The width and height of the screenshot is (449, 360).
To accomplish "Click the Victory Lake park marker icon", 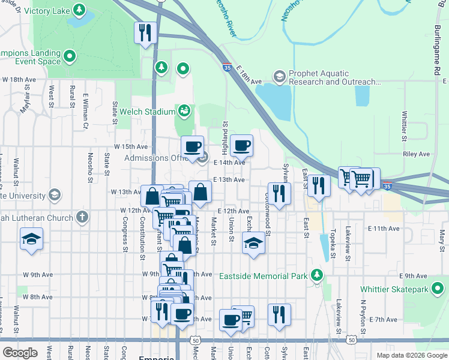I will [x=79, y=10].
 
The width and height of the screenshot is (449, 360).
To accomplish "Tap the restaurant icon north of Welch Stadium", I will [x=145, y=33].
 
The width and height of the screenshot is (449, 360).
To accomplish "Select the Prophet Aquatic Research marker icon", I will [x=279, y=77].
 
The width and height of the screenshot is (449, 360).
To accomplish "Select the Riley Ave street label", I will [x=417, y=154].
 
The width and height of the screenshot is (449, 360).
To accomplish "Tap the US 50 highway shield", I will [x=196, y=340].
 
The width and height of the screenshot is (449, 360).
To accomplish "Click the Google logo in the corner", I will [x=20, y=353].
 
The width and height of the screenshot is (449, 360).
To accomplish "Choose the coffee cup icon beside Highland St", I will [x=241, y=145].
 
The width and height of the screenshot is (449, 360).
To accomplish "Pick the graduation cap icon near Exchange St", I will [x=253, y=243].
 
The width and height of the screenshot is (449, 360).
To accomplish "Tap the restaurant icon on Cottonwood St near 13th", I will [x=279, y=193].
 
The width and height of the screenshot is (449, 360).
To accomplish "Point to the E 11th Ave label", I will [x=385, y=229].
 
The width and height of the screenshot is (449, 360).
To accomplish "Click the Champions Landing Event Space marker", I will [x=70, y=57].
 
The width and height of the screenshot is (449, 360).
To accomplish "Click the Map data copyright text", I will [x=412, y=355].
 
